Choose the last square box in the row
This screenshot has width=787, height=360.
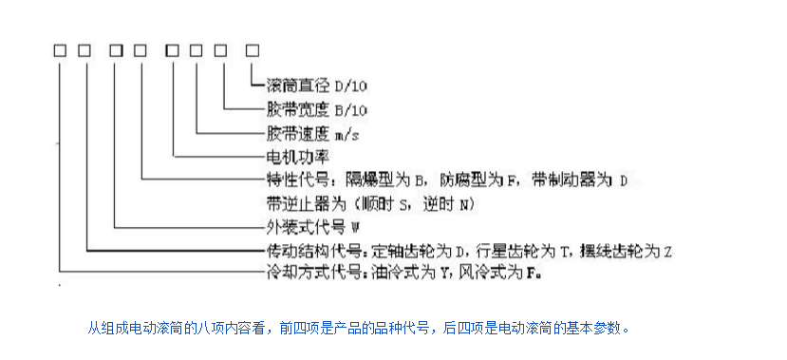coord(253,49)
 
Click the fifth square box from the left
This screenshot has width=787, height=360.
coord(173,49)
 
